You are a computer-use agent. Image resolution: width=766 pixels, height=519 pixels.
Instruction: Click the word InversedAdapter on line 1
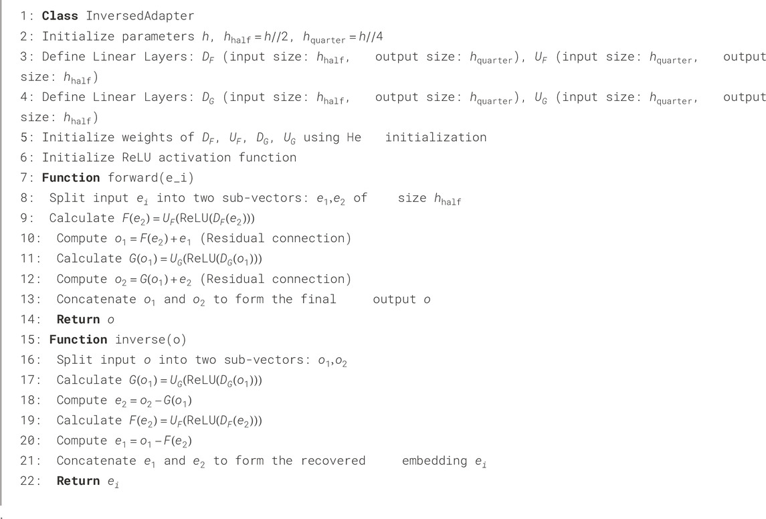click(138, 16)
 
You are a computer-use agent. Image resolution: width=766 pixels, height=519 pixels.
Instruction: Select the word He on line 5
click(354, 137)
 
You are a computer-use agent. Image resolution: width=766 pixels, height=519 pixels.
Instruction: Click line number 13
click(28, 299)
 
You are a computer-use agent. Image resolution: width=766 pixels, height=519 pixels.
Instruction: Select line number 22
click(28, 481)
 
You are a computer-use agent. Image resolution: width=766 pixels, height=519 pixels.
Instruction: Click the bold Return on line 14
click(78, 319)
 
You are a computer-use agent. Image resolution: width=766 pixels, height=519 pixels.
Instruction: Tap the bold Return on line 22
click(78, 481)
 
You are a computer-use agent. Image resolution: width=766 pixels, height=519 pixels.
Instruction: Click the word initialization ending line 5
click(436, 137)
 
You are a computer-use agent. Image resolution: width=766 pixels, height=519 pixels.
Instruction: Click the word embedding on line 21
click(435, 461)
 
